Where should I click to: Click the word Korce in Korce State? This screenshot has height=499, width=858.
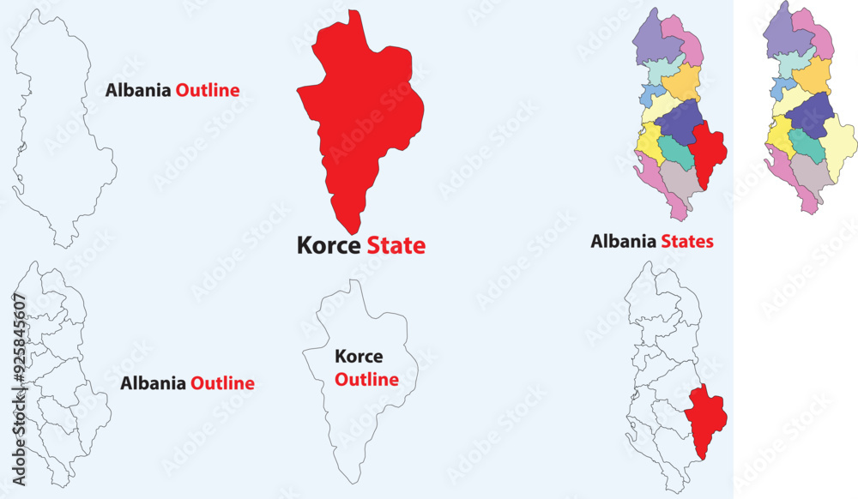tap(329, 245)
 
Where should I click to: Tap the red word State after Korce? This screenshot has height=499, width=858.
tap(396, 245)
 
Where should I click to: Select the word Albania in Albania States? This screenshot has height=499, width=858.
tap(624, 242)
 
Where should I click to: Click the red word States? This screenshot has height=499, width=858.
tap(687, 242)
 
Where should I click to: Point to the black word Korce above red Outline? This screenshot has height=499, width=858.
tap(359, 357)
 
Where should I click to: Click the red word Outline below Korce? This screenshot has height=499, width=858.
tap(366, 379)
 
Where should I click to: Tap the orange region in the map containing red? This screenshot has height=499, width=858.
tap(683, 81)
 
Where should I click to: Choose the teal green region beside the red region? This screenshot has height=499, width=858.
tap(676, 153)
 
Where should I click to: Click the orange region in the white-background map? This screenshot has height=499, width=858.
tap(813, 75)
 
